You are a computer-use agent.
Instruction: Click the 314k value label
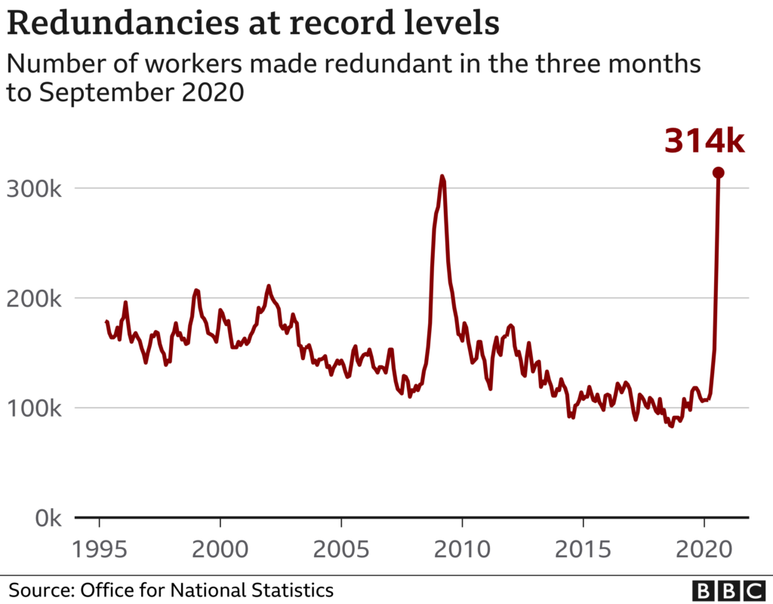(x=704, y=141)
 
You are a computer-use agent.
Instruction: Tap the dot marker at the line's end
(x=718, y=173)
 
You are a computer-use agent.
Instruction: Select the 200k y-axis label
(x=35, y=298)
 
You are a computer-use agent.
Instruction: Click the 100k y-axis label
(x=35, y=408)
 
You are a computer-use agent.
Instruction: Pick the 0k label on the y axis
(x=45, y=519)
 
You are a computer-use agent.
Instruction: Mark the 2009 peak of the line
(x=442, y=177)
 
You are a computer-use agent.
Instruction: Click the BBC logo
(x=728, y=589)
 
